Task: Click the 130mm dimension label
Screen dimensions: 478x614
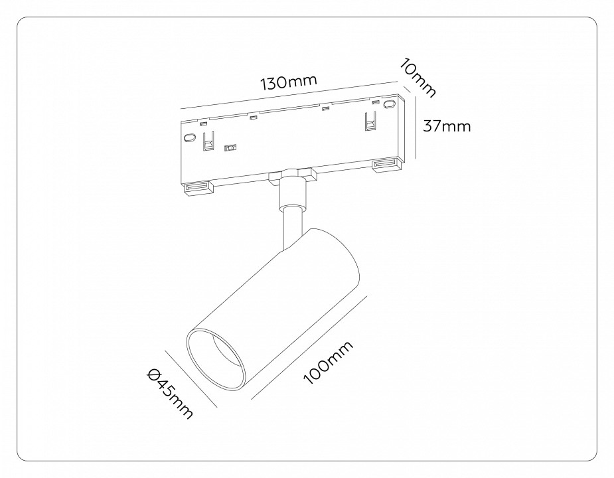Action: [288, 82]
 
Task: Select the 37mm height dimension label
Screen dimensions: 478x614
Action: [447, 125]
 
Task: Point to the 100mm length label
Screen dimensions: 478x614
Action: [328, 362]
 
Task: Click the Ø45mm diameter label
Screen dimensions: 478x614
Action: [170, 394]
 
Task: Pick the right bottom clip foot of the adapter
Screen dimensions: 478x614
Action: [386, 164]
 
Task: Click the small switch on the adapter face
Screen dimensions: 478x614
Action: [231, 148]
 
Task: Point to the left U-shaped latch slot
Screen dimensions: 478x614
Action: [208, 141]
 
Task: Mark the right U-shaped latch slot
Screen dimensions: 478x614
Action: [370, 121]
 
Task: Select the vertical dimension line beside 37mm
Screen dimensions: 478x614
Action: [416, 127]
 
